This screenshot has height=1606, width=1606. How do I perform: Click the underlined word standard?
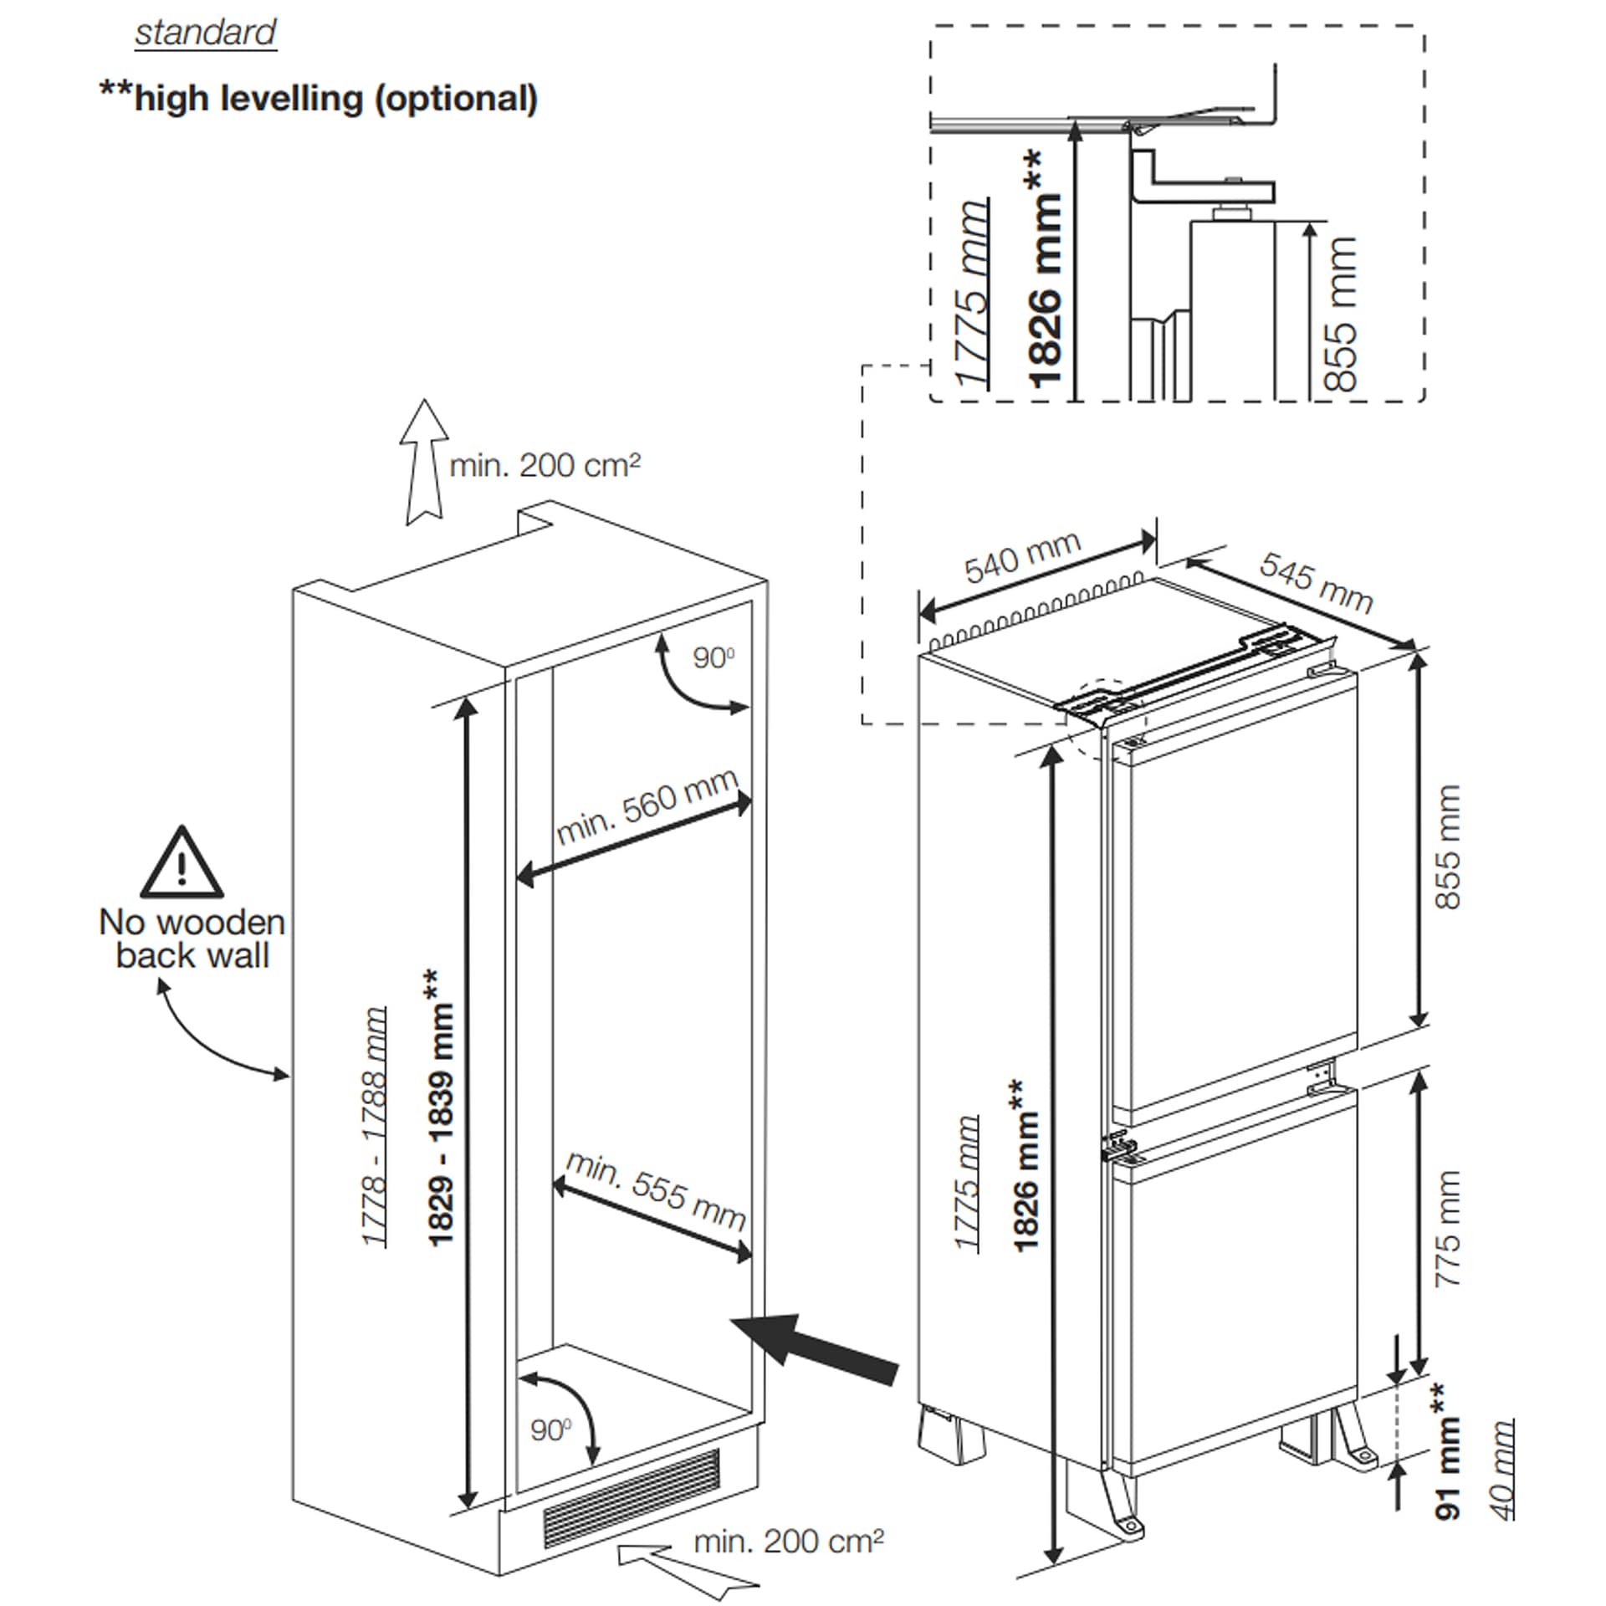(205, 33)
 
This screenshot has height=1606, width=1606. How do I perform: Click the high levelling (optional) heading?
(319, 99)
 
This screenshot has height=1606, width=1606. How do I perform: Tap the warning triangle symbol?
(182, 863)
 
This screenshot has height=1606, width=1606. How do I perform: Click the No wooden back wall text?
(192, 939)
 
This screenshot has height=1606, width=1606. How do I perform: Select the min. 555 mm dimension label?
(656, 1189)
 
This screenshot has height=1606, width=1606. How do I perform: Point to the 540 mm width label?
(1022, 558)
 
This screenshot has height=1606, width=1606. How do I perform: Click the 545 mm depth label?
(1316, 583)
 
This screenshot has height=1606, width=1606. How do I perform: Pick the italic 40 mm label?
(1502, 1470)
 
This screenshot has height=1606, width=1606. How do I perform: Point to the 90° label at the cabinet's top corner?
(713, 658)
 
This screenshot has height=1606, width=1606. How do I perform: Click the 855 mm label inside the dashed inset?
(1341, 314)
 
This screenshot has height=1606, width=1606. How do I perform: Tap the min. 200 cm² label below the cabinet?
(789, 1541)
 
